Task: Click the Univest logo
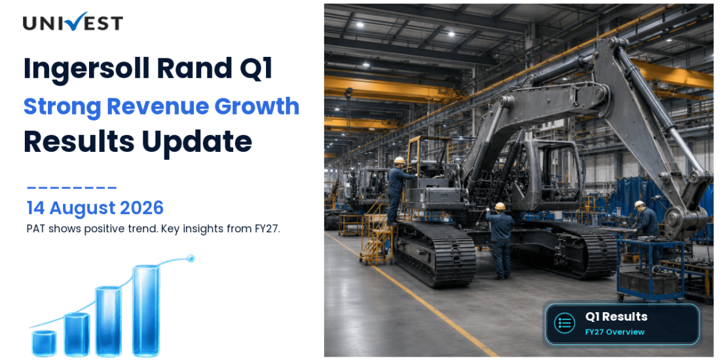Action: [x=73, y=22]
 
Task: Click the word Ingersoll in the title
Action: [x=86, y=68]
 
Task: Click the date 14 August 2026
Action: [x=95, y=208]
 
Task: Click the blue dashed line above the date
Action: [x=71, y=188]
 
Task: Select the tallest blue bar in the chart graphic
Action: [x=146, y=310]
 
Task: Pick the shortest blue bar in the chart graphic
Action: [x=44, y=343]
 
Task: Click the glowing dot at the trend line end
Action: [x=189, y=258]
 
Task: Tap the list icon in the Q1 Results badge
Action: [x=565, y=323]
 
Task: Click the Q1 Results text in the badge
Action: [x=616, y=317]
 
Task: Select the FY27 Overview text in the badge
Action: [x=615, y=332]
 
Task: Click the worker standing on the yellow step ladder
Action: [x=398, y=190]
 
